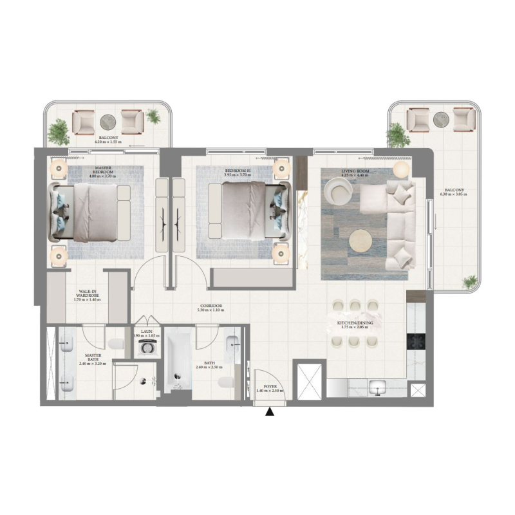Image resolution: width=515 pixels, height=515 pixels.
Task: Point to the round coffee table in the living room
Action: point(360,241)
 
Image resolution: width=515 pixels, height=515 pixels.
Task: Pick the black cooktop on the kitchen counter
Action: point(413,342)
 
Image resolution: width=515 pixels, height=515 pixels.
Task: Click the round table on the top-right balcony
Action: point(442,118)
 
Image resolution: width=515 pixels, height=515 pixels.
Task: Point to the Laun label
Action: point(147,333)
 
